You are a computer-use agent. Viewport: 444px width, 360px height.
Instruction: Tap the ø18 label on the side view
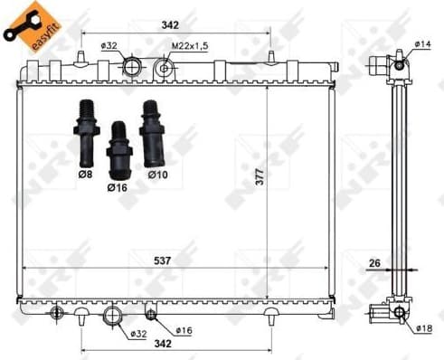tap(424, 327)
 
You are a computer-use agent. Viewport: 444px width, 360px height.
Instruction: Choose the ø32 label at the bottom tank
tap(137, 334)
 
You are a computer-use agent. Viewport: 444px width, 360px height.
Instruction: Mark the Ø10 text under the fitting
tap(156, 173)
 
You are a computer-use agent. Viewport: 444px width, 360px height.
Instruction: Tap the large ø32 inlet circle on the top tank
tap(132, 66)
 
